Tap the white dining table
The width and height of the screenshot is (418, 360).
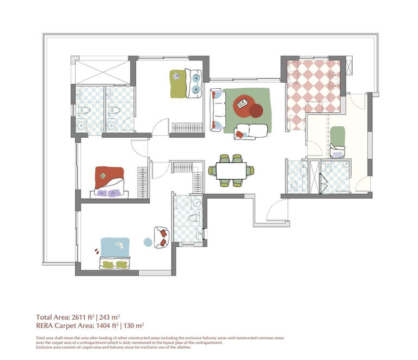click(x=231, y=170)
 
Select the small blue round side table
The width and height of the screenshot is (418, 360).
click(x=147, y=242)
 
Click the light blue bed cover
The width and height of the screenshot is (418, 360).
click(x=115, y=247)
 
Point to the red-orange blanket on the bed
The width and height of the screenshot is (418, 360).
click(x=109, y=176)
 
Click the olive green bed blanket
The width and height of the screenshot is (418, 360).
click(x=178, y=84)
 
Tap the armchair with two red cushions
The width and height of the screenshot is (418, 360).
click(x=162, y=237)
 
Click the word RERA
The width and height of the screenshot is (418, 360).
click(x=45, y=326)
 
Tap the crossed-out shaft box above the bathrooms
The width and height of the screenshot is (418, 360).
click(x=102, y=72)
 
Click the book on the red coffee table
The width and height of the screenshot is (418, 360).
click(x=243, y=103)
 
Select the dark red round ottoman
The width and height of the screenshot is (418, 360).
click(x=256, y=111)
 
